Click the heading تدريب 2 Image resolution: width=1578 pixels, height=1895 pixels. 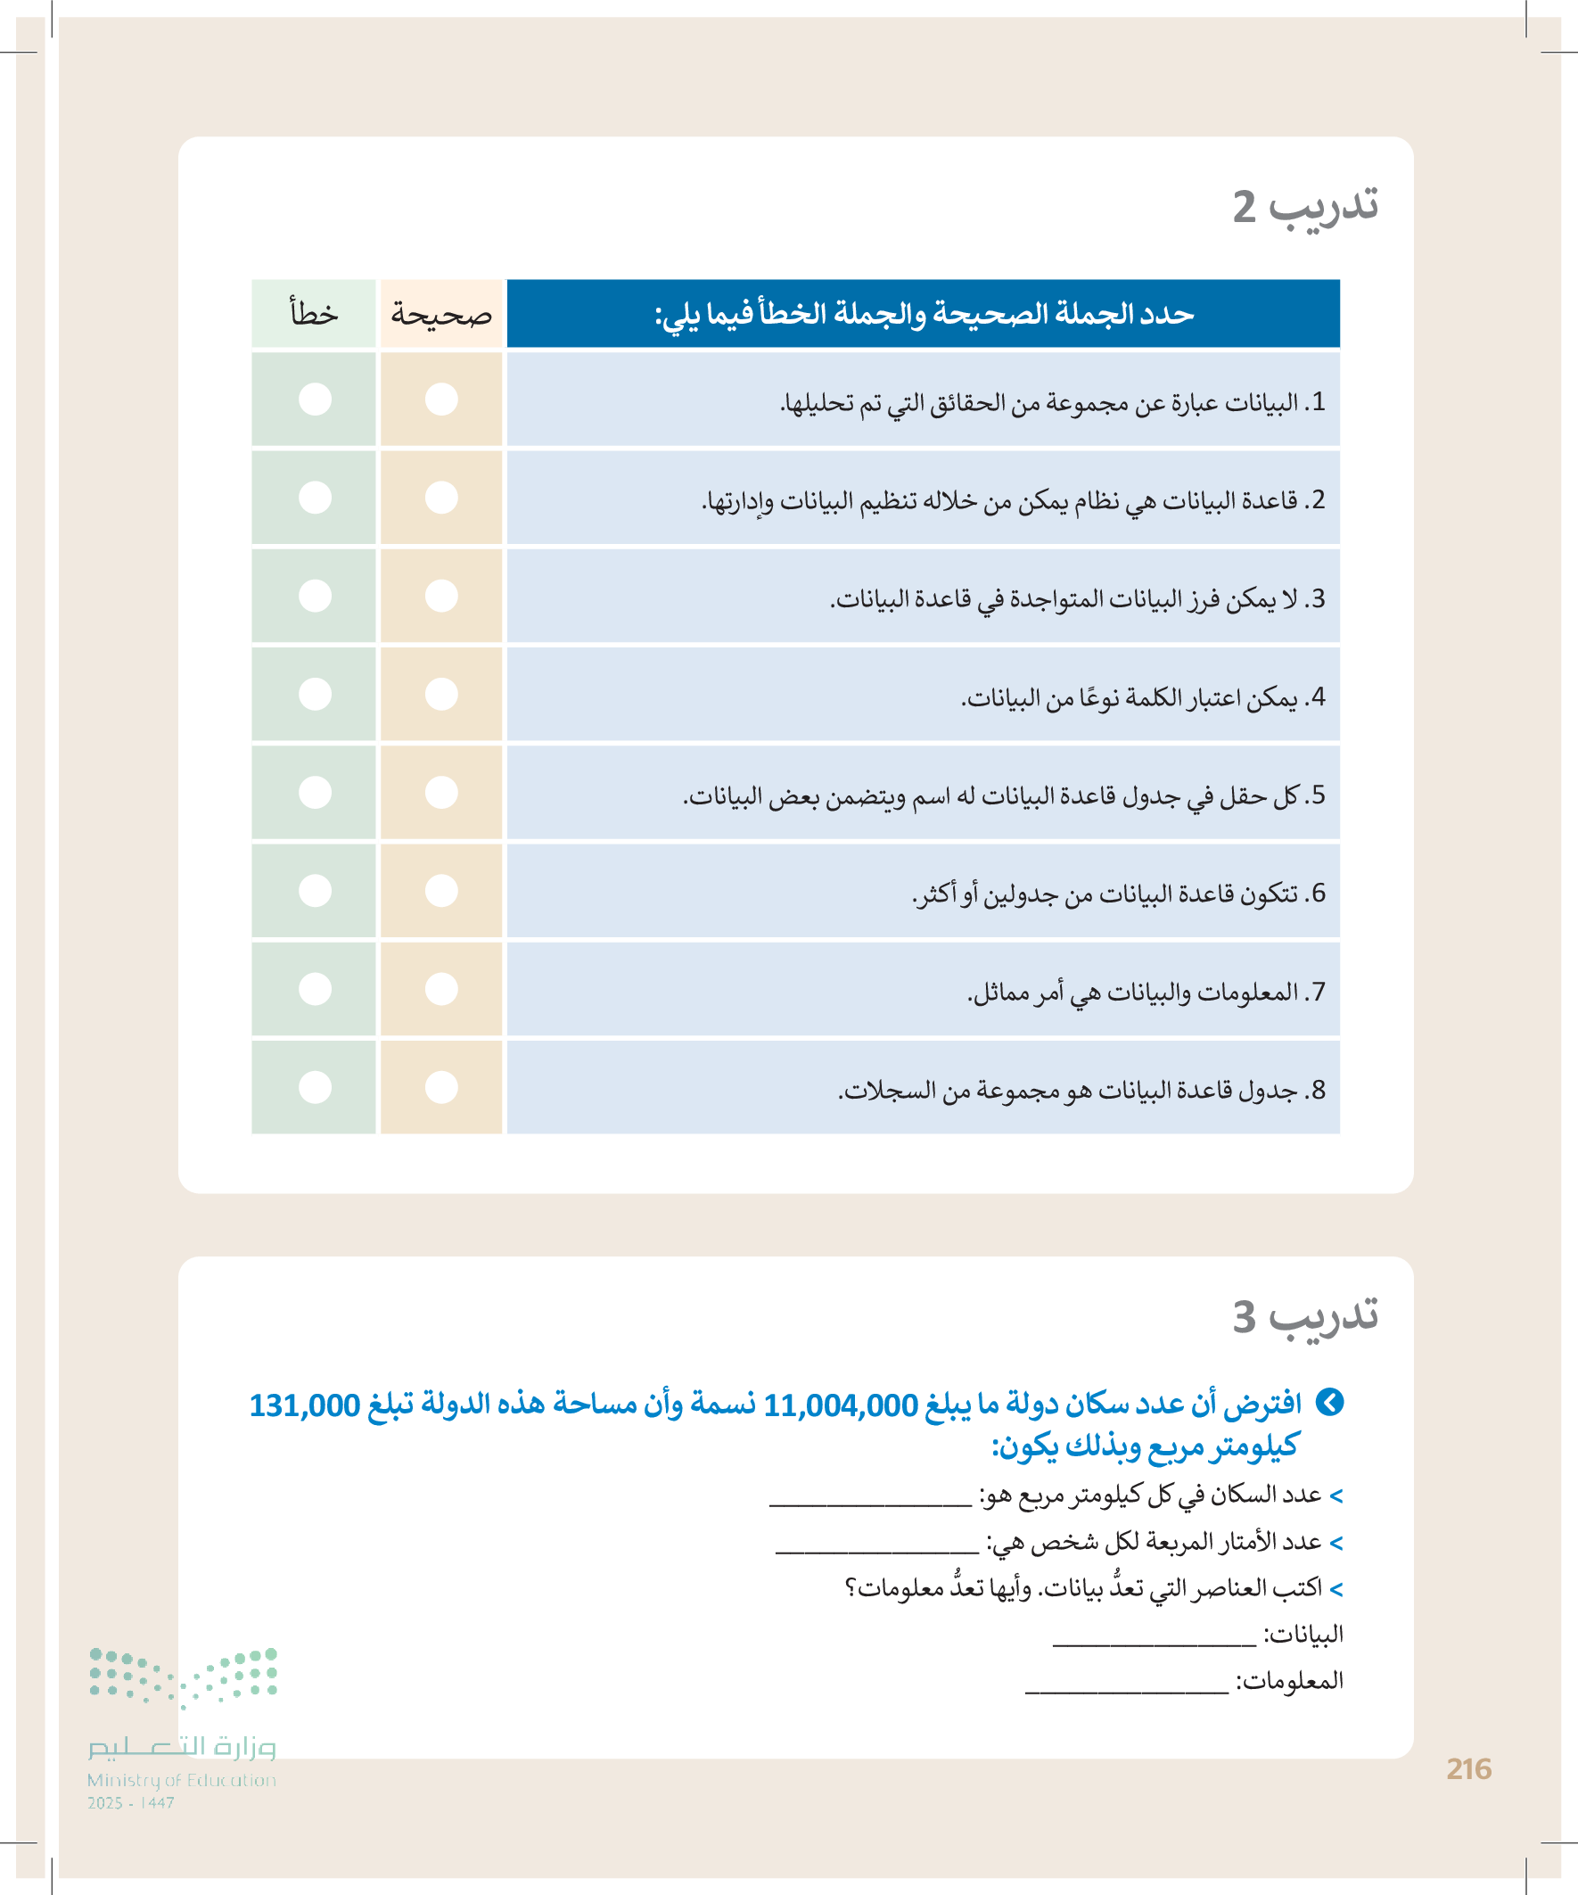pos(1304,208)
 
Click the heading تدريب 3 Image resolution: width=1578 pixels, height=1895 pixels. pos(1304,1316)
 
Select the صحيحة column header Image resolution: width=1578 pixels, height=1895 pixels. pos(441,314)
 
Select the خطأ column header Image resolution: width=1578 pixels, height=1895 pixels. pos(314,314)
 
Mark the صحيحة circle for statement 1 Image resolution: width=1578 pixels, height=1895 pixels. pos(441,399)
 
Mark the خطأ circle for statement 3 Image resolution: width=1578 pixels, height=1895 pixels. pos(315,596)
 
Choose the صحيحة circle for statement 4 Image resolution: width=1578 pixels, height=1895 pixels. pos(441,694)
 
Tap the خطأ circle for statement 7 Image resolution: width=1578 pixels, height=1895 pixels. pos(315,989)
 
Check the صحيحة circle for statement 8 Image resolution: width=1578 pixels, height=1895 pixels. pos(441,1087)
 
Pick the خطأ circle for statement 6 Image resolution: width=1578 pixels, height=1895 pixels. pos(315,891)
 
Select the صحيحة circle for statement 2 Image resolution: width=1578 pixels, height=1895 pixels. pos(441,498)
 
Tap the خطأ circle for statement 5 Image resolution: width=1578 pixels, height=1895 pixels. pos(315,792)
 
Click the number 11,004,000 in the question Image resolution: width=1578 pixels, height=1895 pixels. pos(840,1405)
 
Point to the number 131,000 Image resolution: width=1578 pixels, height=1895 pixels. pos(305,1405)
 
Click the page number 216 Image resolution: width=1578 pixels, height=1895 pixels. pos(1468,1769)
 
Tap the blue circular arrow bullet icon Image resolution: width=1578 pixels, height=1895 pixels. pos(1330,1402)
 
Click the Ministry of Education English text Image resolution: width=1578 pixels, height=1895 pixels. pos(181,1780)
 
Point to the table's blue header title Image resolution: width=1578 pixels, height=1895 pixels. pos(923,314)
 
